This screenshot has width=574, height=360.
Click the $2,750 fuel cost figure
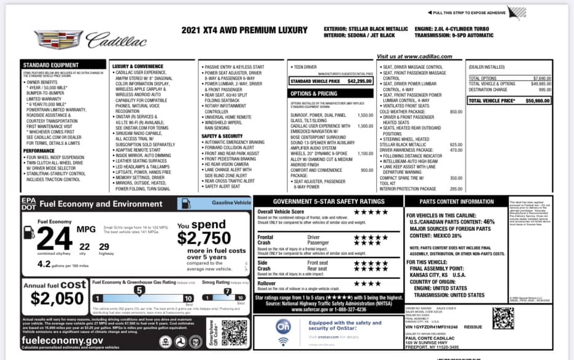203,237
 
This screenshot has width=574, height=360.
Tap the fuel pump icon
29,232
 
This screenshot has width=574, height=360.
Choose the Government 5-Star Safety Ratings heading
328,201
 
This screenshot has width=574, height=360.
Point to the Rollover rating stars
367,283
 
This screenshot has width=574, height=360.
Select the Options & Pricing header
314,93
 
